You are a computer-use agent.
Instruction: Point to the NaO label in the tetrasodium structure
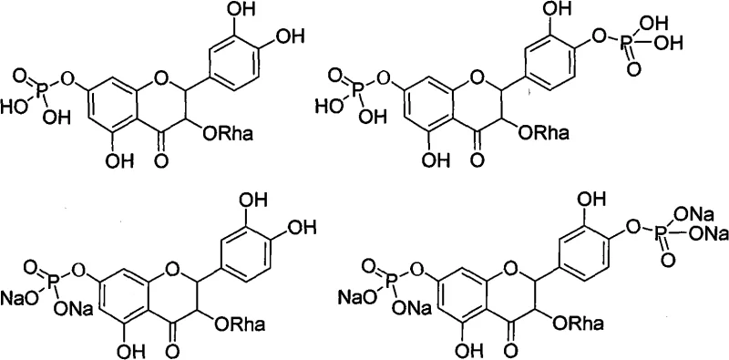(356, 294)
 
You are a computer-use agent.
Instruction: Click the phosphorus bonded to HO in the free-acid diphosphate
(346, 88)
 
